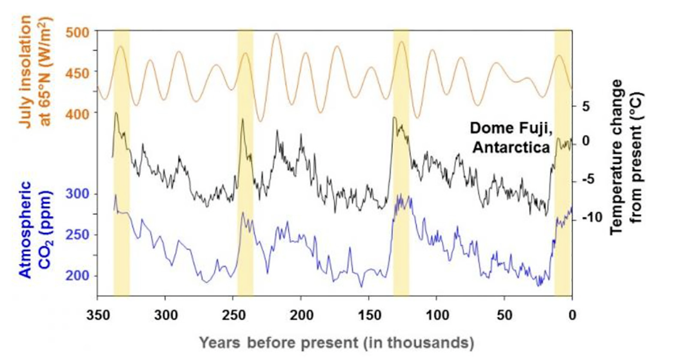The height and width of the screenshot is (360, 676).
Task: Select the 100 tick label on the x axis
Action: pyautogui.click(x=437, y=315)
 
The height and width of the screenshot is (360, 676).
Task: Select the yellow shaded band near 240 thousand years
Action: pyautogui.click(x=245, y=161)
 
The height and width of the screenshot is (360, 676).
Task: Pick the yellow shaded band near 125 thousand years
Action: pyautogui.click(x=401, y=161)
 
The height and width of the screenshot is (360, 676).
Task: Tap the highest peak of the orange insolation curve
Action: pyautogui.click(x=277, y=34)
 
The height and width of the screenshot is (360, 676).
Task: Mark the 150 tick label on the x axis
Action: pyautogui.click(x=369, y=315)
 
